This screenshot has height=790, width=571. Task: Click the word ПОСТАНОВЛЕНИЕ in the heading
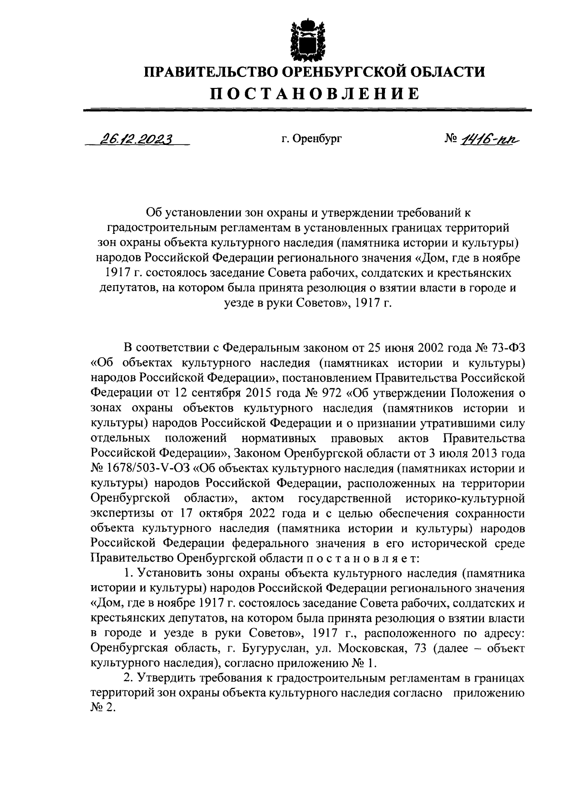[315, 93]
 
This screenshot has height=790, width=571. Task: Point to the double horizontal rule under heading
[307, 110]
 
